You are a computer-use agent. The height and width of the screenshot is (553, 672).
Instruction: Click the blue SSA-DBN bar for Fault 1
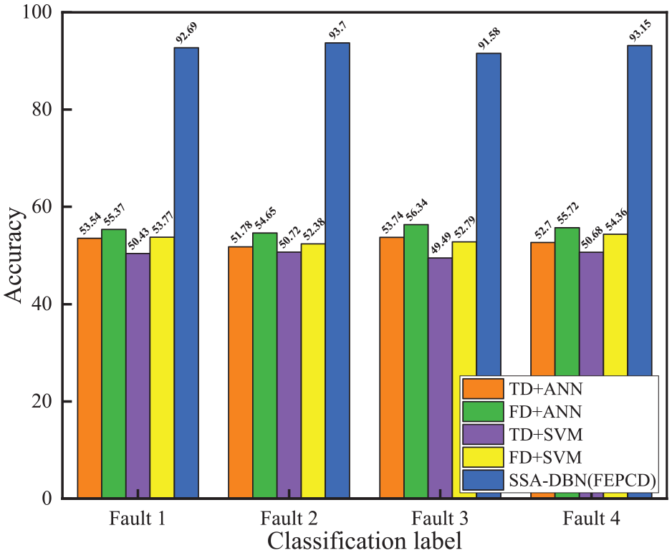tap(186, 272)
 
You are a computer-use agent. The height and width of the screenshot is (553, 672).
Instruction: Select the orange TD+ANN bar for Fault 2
tap(241, 372)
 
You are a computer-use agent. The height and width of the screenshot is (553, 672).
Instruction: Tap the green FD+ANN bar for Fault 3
tap(416, 361)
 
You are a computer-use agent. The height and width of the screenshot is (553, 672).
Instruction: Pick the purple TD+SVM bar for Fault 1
tap(138, 375)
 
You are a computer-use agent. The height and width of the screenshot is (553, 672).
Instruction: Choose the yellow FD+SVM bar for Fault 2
tap(313, 371)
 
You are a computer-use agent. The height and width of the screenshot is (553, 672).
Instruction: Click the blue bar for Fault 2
tap(337, 270)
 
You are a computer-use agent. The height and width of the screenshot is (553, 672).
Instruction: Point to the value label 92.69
tap(187, 34)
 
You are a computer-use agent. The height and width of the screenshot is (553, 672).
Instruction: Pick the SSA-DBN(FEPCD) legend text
tap(582, 481)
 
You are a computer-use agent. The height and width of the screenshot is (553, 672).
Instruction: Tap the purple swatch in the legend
tap(483, 434)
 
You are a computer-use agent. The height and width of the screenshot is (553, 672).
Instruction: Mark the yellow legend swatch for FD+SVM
tap(483, 457)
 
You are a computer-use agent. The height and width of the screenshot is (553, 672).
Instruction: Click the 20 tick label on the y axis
tap(42, 401)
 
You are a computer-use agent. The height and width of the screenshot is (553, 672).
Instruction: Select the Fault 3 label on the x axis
tap(440, 519)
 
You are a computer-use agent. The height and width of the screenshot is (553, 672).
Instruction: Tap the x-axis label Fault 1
tap(137, 519)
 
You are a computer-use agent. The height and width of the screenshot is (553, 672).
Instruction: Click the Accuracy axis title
tap(14, 256)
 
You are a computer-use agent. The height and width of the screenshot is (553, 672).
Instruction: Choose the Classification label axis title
tap(365, 541)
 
